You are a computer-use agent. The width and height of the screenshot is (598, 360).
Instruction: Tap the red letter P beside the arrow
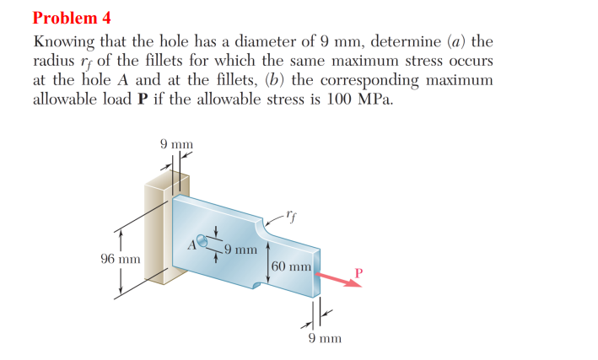coord(358,271)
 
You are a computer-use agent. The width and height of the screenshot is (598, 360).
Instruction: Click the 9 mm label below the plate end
coord(324,339)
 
